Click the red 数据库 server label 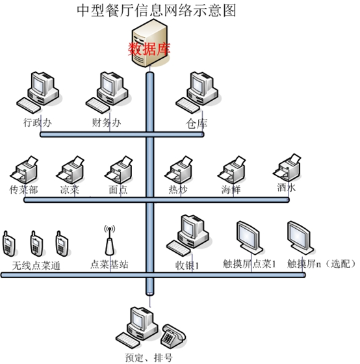click(x=149, y=49)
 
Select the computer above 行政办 click(x=38, y=92)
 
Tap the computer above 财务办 click(x=107, y=92)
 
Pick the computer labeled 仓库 click(x=197, y=92)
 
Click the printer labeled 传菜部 click(x=24, y=170)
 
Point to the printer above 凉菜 click(x=70, y=170)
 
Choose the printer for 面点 click(x=119, y=170)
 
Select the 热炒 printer click(x=179, y=170)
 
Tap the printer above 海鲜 click(x=231, y=170)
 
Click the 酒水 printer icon click(x=287, y=168)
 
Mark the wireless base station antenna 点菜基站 click(x=110, y=240)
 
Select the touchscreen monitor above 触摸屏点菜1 click(x=250, y=237)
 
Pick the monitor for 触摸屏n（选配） click(x=300, y=237)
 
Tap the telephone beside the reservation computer click(x=173, y=335)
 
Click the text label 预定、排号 click(x=149, y=357)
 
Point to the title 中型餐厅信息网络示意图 click(x=156, y=10)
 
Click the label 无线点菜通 click(x=36, y=266)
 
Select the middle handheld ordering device click(x=36, y=244)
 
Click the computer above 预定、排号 click(x=137, y=328)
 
